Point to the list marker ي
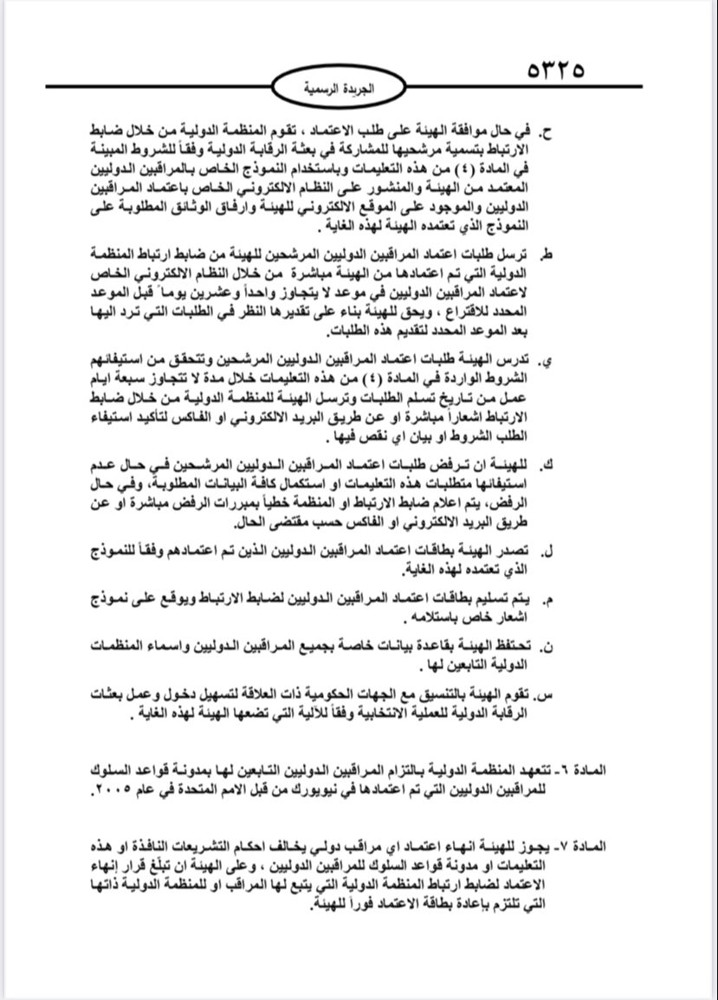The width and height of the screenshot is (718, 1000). pos(548,360)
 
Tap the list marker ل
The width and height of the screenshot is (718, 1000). pos(548,552)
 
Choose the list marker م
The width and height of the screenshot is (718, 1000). pos(547,599)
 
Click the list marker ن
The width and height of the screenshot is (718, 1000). pos(548,646)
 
